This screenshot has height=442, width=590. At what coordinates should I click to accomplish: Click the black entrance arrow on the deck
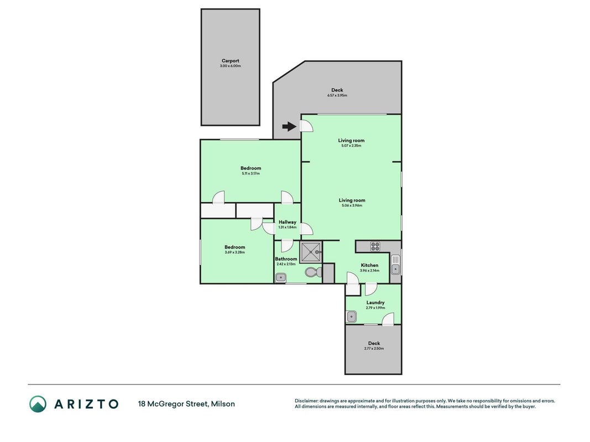point(289,127)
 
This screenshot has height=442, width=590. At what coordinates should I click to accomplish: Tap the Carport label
point(230,61)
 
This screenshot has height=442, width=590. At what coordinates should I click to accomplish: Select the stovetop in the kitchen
point(375,246)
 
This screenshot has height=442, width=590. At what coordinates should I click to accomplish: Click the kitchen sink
point(395,265)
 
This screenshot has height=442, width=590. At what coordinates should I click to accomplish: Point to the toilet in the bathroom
point(313,272)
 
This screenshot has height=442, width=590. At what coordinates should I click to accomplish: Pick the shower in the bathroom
point(311,252)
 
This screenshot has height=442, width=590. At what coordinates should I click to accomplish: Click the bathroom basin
point(281,278)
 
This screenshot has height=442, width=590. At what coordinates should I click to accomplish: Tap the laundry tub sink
point(352,317)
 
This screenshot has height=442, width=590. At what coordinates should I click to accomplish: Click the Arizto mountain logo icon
point(38,404)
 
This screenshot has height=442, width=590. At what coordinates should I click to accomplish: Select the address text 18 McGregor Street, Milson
point(187,404)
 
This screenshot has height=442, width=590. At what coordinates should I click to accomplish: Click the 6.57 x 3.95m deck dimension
point(337,96)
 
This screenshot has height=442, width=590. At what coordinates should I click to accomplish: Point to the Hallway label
point(288,222)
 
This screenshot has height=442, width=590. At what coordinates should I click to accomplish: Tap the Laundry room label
point(375,303)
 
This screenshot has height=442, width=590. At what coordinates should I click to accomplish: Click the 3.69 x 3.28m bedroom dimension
point(235,252)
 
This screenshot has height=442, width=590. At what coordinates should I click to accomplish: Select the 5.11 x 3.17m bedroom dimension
point(250,173)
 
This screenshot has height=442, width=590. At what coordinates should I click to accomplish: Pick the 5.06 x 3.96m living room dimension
point(352,206)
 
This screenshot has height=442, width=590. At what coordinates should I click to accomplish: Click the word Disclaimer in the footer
point(306,401)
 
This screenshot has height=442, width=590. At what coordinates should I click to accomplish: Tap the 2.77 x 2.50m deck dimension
point(374,349)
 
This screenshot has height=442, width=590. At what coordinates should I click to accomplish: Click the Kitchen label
point(369,265)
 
